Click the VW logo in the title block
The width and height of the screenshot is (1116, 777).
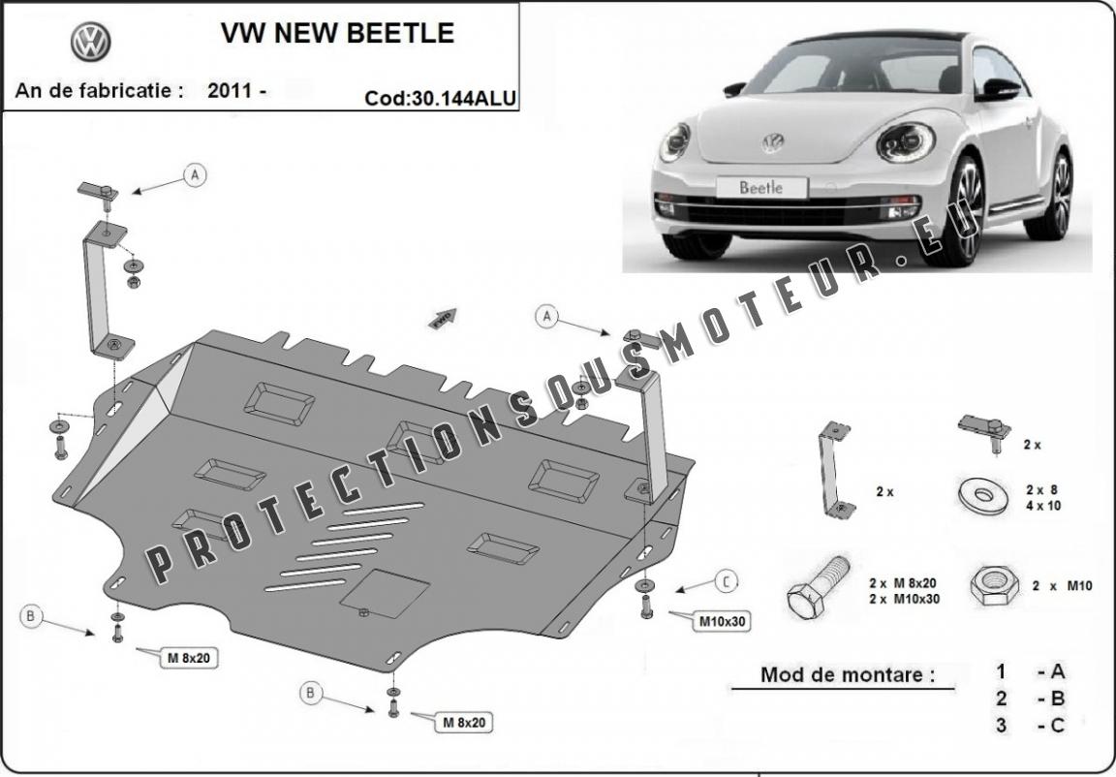point(90,42)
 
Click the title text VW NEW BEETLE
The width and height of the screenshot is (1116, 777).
point(337,33)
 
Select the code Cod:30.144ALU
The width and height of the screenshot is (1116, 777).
point(440,97)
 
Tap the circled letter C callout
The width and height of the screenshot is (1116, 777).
point(725,581)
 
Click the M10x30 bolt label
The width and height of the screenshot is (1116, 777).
point(722,621)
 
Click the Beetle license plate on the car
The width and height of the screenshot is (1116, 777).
point(760,187)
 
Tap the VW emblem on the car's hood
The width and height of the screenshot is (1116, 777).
point(772,143)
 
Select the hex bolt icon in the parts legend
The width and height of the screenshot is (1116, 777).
point(817,585)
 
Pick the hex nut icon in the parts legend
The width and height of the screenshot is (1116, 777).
point(991,585)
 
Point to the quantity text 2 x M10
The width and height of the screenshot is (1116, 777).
point(1062,586)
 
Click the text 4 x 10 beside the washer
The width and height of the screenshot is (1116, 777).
point(1042,505)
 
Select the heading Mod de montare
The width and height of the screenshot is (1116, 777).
point(848,675)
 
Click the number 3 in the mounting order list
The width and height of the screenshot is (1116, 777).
point(1001,725)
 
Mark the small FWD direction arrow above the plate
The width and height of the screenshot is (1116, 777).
point(443,319)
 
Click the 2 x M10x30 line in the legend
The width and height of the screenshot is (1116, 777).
point(904,598)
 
